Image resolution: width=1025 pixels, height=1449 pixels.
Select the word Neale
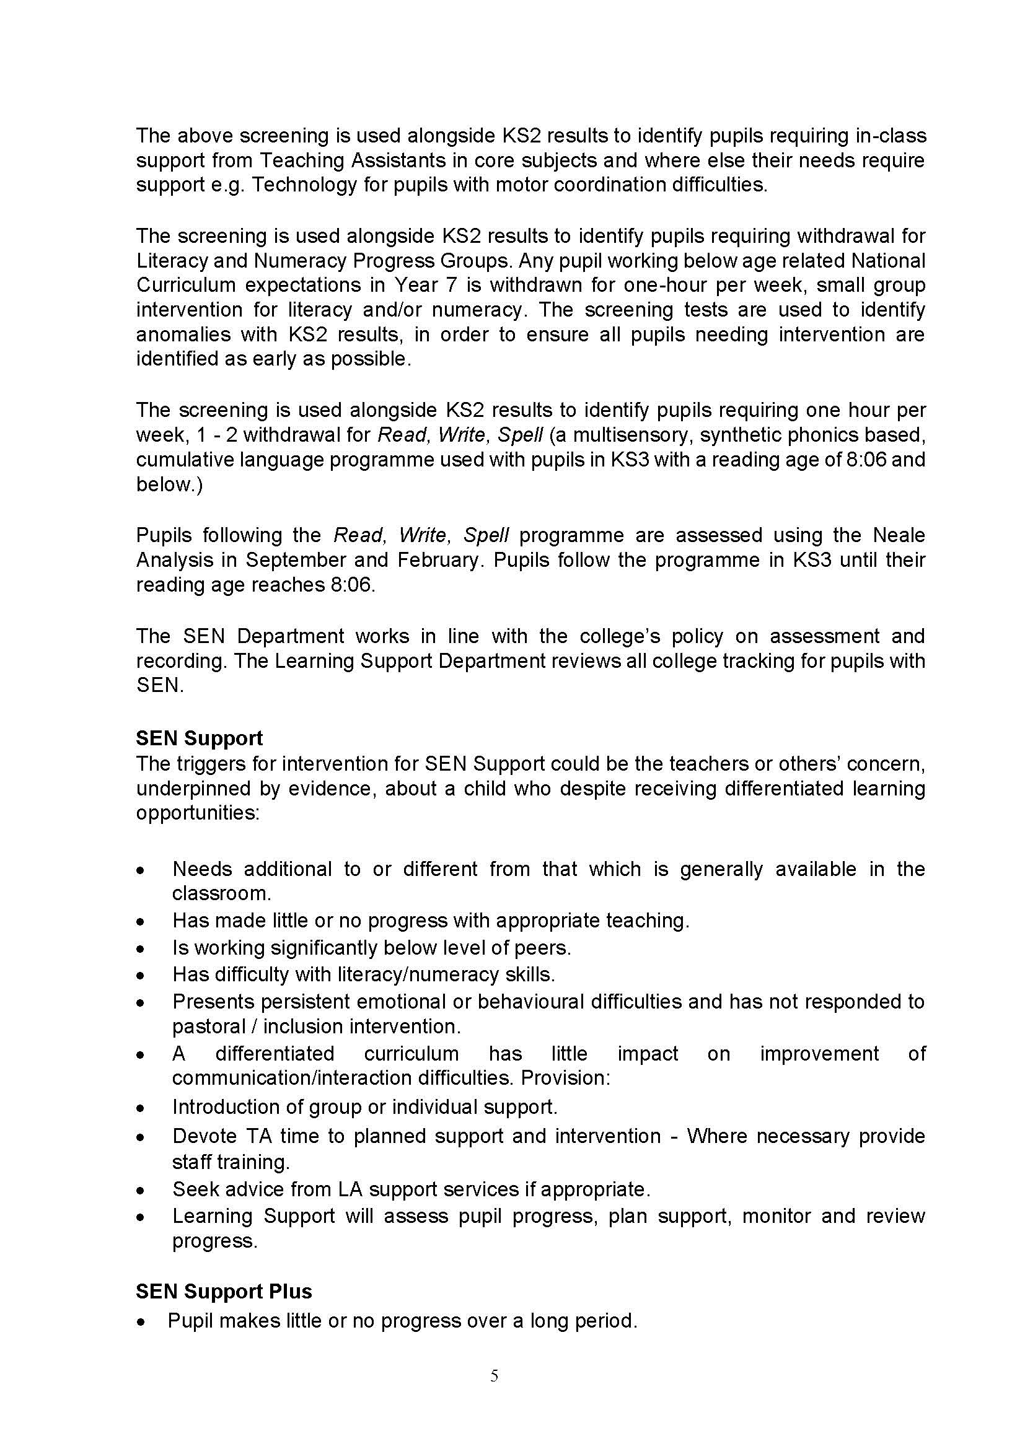tap(899, 535)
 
